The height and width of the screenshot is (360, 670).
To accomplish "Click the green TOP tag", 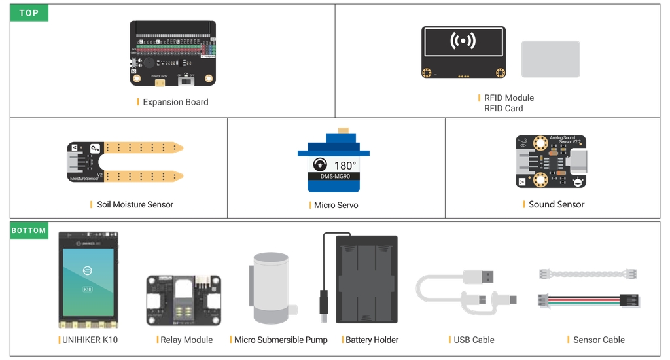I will point(29,13).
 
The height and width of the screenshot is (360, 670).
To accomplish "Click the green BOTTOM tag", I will point(29,230).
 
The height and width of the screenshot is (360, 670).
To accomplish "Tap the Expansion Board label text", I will point(175,102).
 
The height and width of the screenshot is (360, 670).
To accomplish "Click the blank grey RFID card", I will point(550,59).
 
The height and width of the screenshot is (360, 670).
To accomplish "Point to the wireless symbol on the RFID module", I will point(463,41).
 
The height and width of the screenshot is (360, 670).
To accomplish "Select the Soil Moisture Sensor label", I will point(135,205).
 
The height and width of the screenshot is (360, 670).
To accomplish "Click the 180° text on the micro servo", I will point(345,166).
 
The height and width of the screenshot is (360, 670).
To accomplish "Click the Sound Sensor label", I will point(556,205).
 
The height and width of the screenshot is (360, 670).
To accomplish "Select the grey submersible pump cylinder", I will point(271,288).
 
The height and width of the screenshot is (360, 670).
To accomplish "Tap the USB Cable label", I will point(474,340).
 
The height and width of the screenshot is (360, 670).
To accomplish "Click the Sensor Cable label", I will point(599,340).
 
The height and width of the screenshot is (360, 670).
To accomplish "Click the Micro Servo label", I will point(336,206).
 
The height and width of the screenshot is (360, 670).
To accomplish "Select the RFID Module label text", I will point(509,98).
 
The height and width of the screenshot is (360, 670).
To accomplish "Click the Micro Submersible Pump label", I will point(281,340).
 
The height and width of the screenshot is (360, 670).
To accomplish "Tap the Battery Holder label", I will point(372,340).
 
